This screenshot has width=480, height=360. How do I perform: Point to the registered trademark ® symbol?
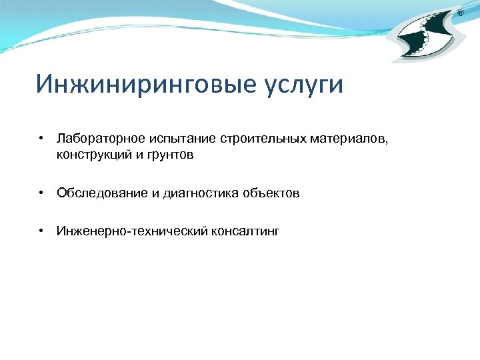coord(461,13)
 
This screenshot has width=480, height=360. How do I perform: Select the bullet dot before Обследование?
coord(41,193)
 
